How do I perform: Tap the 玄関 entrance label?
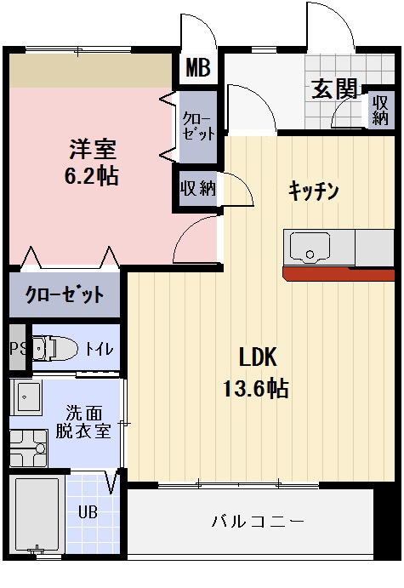[x=333, y=89]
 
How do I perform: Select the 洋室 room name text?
[x=92, y=149]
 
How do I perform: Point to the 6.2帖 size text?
[x=92, y=176]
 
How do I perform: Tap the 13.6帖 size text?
[x=255, y=389]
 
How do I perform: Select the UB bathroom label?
[x=88, y=512]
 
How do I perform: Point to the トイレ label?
[x=98, y=348]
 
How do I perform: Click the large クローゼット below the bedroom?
[x=65, y=295]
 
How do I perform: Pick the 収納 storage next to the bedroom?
[x=197, y=188]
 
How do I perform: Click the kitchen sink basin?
[x=310, y=248]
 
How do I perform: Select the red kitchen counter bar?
[x=339, y=273]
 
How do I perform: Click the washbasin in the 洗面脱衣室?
[x=27, y=398]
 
